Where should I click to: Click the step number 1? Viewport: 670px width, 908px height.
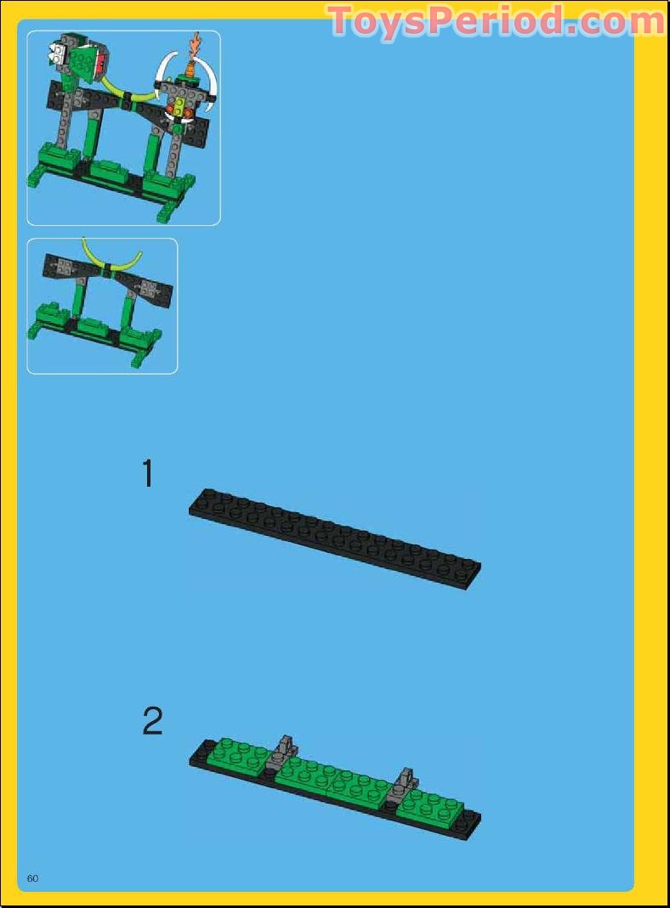(148, 473)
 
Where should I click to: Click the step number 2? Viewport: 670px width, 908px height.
(152, 722)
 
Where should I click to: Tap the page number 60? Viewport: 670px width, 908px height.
(33, 877)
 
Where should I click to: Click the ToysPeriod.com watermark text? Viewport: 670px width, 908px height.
(495, 20)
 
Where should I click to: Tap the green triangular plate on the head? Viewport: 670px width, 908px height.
(82, 61)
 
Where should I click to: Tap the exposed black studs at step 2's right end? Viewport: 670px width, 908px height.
(467, 821)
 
